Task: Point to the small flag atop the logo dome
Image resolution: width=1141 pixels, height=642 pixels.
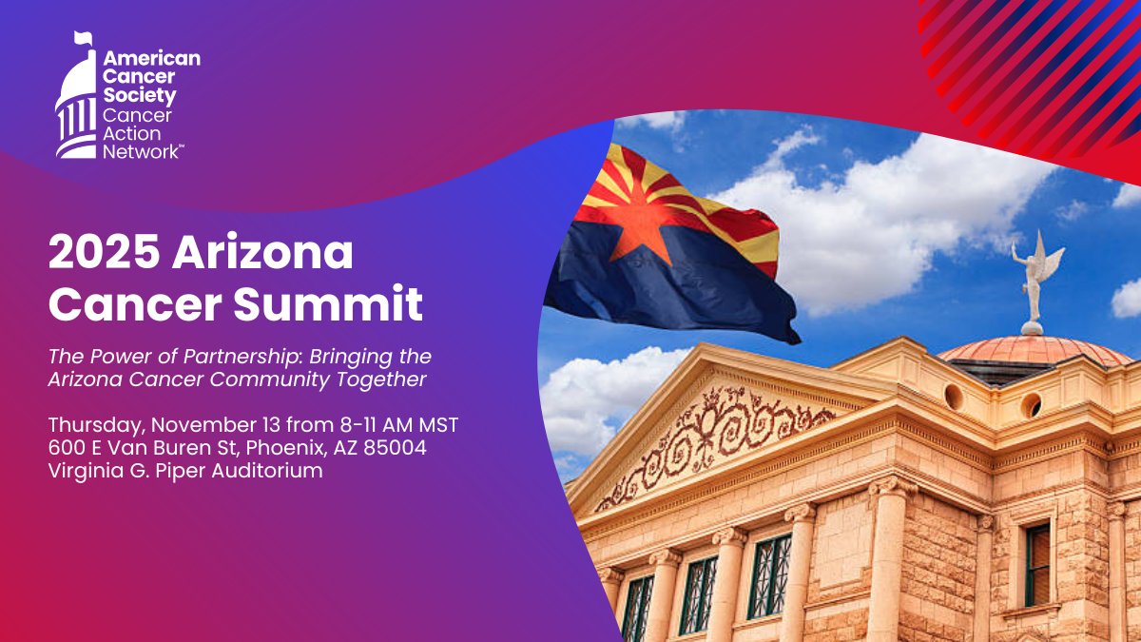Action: point(85,39)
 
